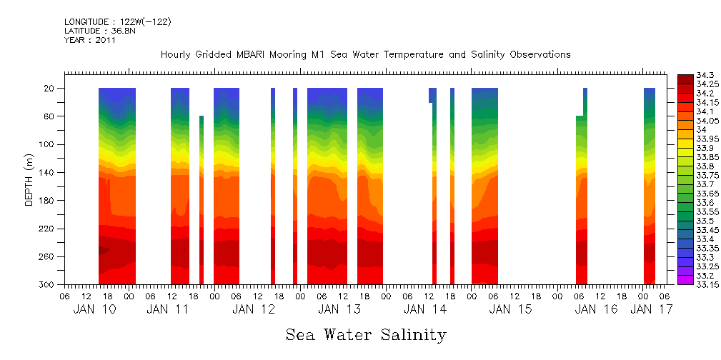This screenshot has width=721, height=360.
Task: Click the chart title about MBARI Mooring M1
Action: (365, 55)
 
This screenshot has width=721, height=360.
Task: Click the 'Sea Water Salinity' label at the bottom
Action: (366, 335)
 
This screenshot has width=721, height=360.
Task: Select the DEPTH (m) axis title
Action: (29, 179)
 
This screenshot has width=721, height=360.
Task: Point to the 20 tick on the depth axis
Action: (50, 89)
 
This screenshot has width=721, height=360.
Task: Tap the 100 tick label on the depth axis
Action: (48, 144)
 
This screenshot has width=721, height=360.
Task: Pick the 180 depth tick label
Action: (48, 201)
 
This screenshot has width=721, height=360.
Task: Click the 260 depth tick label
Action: (48, 256)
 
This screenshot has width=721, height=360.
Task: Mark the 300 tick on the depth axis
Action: (48, 285)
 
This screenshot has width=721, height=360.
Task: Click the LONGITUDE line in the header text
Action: (117, 22)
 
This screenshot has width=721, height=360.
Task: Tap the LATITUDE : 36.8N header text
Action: (104, 31)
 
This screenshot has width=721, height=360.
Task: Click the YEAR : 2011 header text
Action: (89, 41)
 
